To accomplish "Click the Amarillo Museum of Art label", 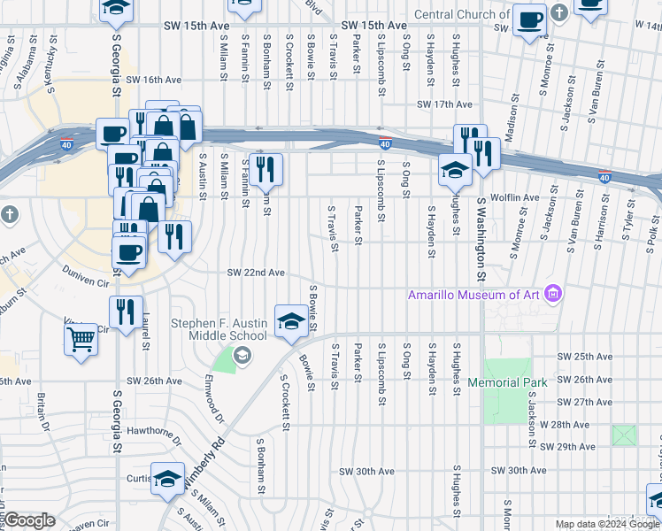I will [473, 294].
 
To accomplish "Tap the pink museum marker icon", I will [554, 293].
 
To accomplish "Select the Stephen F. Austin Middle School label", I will [219, 329].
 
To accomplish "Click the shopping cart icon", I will [81, 338].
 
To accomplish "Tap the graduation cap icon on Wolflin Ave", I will [455, 170].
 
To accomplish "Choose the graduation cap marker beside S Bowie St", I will [291, 321].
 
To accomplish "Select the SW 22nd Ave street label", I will [256, 273].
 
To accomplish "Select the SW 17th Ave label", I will [446, 104].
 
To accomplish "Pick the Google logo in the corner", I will [29, 520].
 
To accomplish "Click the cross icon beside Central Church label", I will [558, 14].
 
